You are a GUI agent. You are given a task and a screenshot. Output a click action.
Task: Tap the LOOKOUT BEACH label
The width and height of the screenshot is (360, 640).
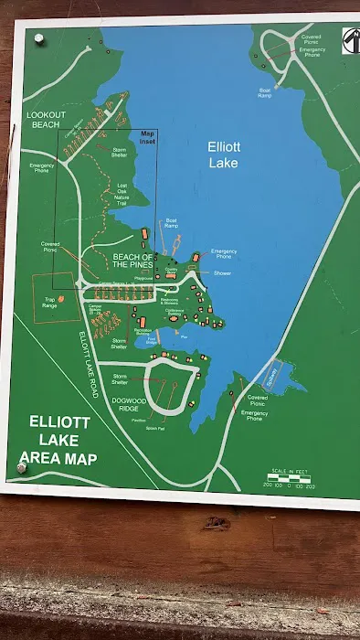[42, 120]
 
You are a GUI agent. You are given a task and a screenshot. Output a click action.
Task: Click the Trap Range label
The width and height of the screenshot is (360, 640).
[50, 302]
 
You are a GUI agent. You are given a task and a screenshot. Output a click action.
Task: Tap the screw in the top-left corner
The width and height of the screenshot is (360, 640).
[38, 38]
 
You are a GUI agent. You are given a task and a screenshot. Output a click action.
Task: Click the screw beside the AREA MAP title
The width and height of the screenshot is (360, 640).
[21, 468]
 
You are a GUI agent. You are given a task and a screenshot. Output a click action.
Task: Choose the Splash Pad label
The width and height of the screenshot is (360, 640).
[155, 428]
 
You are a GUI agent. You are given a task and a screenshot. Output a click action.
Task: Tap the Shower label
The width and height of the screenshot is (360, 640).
[223, 272]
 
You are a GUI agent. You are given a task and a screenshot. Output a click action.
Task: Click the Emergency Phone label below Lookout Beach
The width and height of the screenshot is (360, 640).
[41, 167]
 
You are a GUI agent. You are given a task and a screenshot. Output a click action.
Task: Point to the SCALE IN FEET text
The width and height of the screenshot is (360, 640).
[290, 471]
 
